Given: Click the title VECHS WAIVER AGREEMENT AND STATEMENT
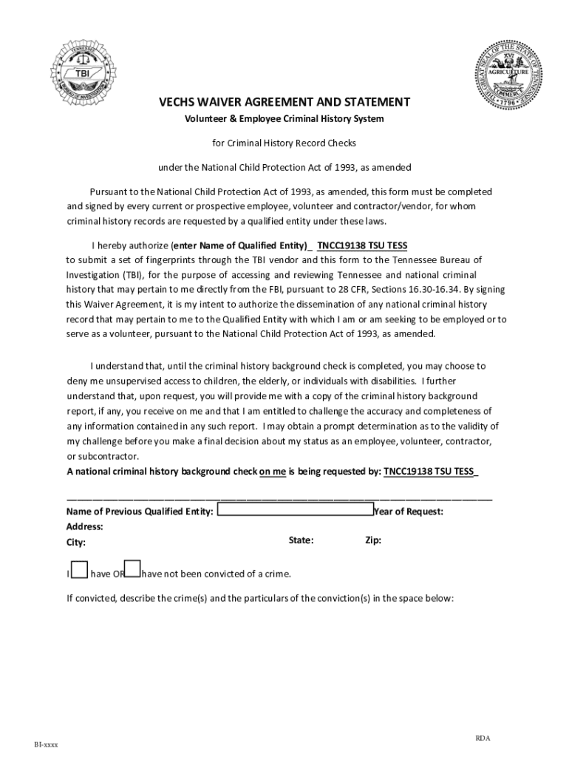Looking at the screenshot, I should (x=284, y=102).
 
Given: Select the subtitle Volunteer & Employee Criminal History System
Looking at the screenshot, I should (x=284, y=119).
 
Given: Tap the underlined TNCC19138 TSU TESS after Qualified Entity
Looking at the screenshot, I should (x=362, y=245).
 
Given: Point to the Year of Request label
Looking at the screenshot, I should (x=409, y=512).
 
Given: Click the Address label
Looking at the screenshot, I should (x=84, y=527).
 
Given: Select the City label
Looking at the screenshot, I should (x=76, y=543).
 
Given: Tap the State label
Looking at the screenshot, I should (x=301, y=540).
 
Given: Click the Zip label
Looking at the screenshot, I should (x=373, y=540).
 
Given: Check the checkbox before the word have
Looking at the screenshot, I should (x=78, y=569).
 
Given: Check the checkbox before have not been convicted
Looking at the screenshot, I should (x=132, y=568).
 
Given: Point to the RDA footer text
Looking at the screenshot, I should (x=483, y=739).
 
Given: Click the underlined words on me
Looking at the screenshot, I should (x=273, y=472).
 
